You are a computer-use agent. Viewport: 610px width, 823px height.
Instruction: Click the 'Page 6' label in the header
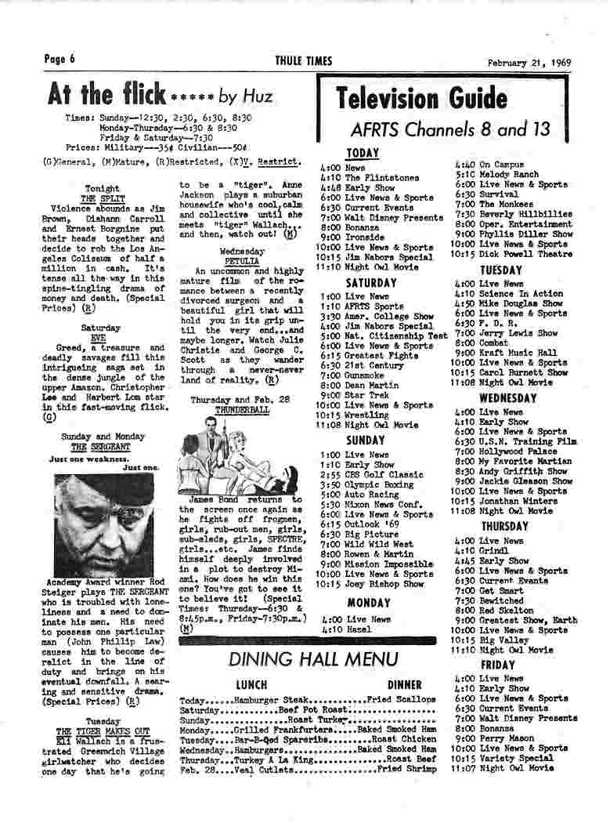click(60, 60)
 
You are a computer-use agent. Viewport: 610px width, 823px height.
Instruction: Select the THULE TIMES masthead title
click(304, 61)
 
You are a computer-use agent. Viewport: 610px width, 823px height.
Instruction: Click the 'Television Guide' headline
click(421, 100)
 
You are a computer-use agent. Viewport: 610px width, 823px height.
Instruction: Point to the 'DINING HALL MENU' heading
click(313, 659)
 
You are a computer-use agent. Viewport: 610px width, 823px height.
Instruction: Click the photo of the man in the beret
click(103, 524)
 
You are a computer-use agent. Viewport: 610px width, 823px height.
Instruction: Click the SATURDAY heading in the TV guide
click(371, 282)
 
